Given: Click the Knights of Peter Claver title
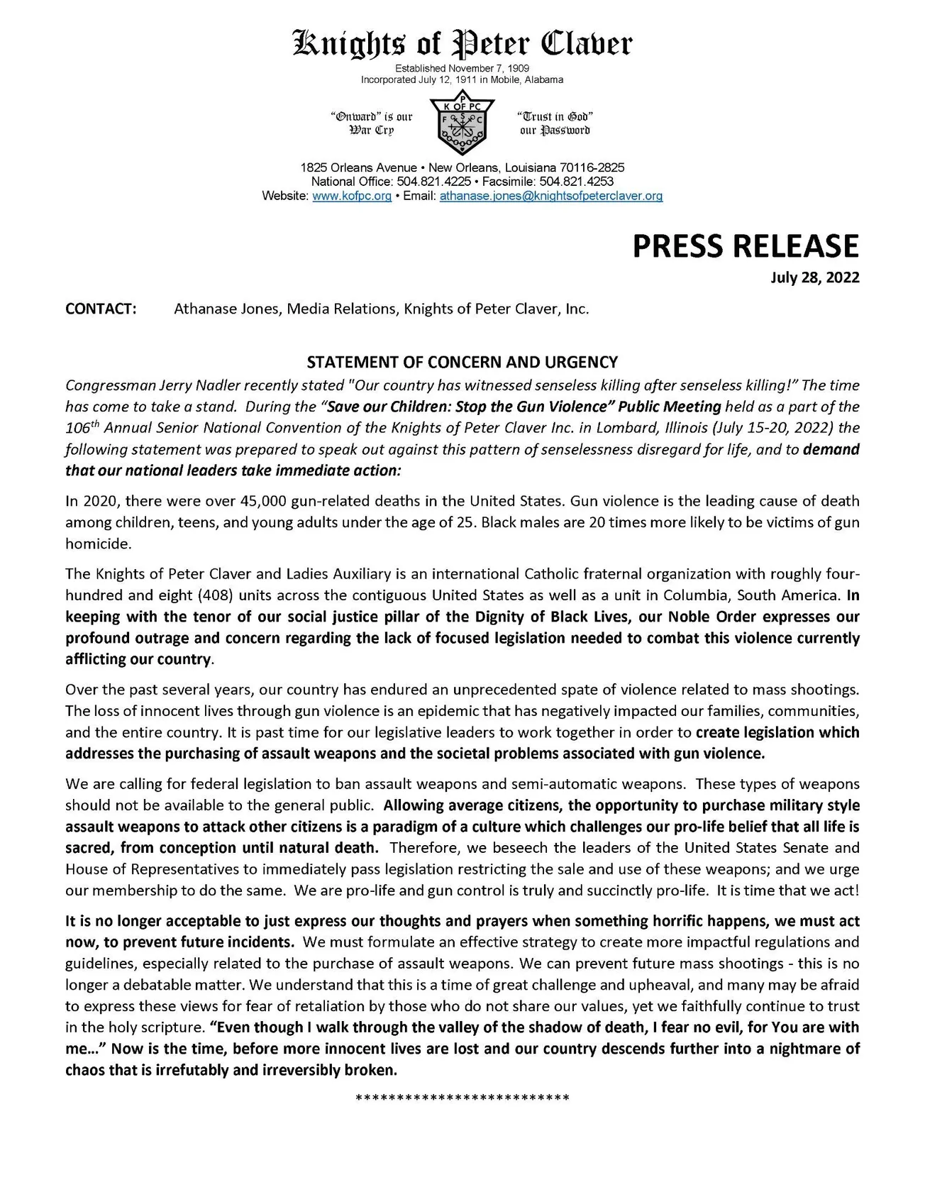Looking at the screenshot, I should point(462,44).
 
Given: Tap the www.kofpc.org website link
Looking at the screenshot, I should point(352,196).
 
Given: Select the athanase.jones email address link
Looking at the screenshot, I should point(551,196).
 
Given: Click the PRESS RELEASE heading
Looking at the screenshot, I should point(745,246).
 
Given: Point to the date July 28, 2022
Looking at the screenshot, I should point(815,277).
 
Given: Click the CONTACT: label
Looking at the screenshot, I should point(101,309).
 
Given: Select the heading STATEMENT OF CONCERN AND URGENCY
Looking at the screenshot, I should point(462,363).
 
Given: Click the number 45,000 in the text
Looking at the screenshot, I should point(264,502).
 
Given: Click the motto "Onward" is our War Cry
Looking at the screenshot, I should point(372,123).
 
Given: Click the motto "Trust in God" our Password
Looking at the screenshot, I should point(554,123).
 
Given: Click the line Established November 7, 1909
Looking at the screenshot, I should point(462,68).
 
